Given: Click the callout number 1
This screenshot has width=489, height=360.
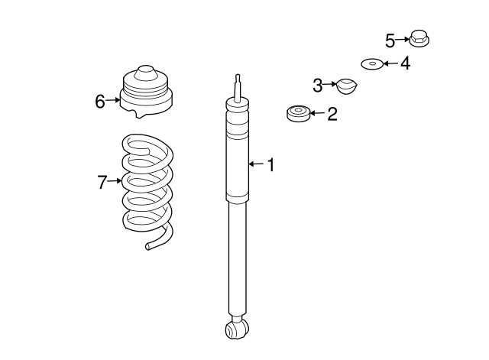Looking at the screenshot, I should coord(270,164).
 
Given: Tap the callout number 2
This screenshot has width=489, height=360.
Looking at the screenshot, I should coord(332,115).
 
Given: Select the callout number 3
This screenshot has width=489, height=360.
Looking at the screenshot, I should coord(317,84).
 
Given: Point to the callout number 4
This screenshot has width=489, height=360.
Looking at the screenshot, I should coord(405,63).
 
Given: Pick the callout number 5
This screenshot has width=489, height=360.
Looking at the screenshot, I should coord(390,39).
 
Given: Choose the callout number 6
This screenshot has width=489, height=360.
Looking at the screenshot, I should coord(100,100).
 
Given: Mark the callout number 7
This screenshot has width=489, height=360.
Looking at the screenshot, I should coord(102,182).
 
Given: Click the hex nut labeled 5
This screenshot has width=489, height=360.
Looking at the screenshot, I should coord(419,37).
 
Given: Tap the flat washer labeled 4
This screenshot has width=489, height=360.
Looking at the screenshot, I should coord(372,63).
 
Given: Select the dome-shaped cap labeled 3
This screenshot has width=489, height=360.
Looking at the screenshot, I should coord(347,87).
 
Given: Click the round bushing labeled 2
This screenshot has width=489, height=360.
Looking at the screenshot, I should coord(297,115).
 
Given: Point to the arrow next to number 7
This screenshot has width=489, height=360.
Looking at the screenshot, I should coord(115,181).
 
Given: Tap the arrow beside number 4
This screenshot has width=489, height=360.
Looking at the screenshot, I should coord(390,63).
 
